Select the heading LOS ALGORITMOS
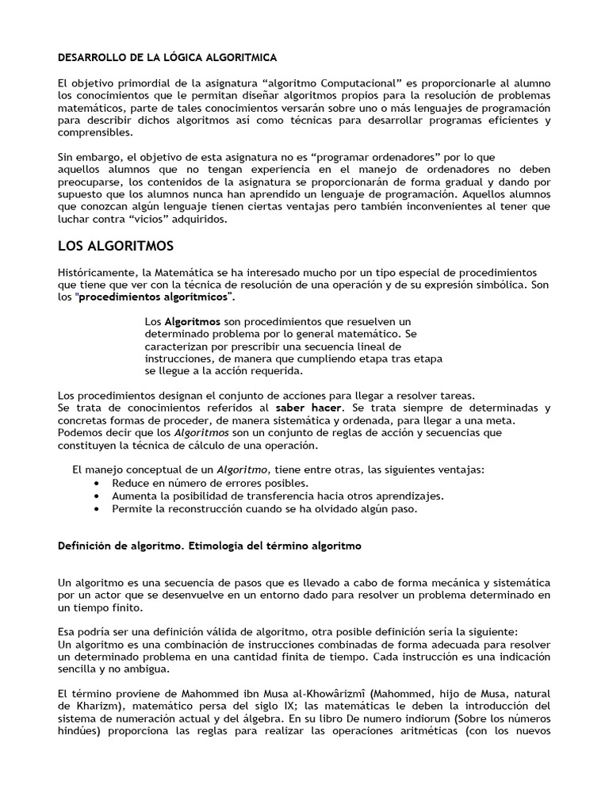(x=116, y=246)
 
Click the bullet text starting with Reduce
(x=209, y=482)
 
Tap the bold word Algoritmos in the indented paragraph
(x=192, y=321)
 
